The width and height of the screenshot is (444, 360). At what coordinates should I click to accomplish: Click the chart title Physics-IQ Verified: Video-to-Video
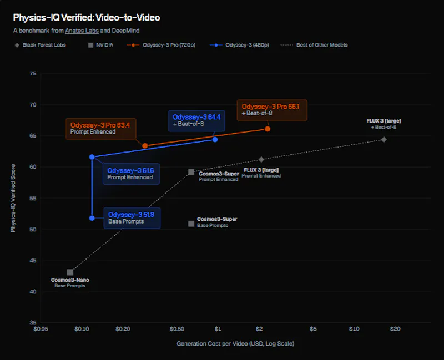click(87, 18)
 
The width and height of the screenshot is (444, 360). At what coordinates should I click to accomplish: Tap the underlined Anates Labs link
click(82, 31)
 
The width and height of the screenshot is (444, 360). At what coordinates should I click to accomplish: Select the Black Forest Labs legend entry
click(40, 45)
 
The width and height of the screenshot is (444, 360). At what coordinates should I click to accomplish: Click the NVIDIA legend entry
click(101, 45)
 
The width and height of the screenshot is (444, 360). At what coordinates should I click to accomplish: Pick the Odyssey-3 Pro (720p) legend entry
click(161, 45)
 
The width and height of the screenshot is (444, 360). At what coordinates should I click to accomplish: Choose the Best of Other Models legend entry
click(314, 45)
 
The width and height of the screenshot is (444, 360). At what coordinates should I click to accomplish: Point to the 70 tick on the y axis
click(33, 105)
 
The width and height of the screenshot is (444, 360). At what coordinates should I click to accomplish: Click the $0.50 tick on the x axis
click(176, 329)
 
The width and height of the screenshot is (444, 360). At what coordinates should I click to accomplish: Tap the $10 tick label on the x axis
click(354, 329)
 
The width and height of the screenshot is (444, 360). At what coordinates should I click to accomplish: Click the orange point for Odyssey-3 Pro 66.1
click(268, 129)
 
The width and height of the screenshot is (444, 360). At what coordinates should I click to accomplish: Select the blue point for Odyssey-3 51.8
click(92, 218)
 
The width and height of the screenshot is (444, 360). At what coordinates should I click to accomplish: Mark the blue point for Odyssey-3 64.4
click(215, 140)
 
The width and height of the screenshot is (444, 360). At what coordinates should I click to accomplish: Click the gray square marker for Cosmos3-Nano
click(70, 272)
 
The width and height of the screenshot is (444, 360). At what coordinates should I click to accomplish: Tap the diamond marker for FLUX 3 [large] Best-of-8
click(384, 140)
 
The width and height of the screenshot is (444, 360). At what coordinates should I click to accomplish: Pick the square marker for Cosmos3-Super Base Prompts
click(191, 224)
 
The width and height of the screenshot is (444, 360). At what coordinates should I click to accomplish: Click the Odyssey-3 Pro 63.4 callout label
click(100, 129)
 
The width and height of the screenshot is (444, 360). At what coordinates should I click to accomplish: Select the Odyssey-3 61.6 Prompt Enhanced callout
click(131, 174)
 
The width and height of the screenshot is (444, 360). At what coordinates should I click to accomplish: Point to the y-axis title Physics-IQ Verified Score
click(13, 198)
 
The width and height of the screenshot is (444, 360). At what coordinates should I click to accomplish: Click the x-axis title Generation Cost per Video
click(235, 343)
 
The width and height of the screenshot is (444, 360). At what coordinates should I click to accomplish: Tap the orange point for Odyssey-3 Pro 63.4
click(145, 146)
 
